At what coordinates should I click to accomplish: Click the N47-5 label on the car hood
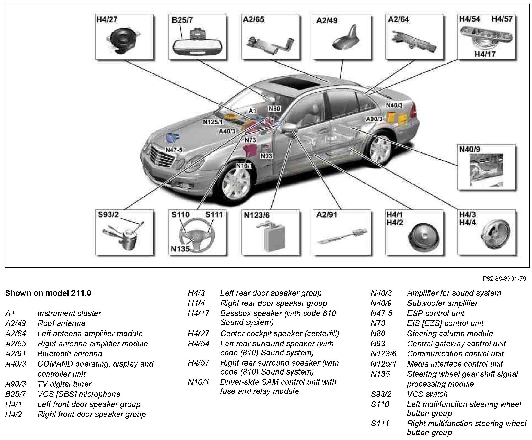[174, 150]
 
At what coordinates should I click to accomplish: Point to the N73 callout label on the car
[250, 140]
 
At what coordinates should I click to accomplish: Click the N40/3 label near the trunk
[394, 105]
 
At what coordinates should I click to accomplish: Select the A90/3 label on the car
[374, 119]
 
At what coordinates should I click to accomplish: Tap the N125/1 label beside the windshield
[213, 122]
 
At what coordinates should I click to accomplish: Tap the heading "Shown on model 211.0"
[48, 293]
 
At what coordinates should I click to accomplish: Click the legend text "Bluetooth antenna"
[70, 353]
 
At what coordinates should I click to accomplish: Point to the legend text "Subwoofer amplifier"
[442, 303]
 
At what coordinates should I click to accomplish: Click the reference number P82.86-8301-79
[504, 279]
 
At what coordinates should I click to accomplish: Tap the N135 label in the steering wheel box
[180, 249]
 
